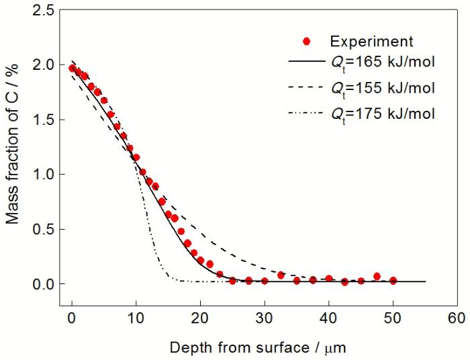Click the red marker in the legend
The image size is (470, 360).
(306, 41)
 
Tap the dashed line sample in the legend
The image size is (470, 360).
(306, 87)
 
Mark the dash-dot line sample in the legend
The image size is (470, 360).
(306, 113)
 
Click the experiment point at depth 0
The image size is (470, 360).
(73, 68)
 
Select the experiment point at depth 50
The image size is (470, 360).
(393, 281)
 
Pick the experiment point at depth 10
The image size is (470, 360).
(136, 157)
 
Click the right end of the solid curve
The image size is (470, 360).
(425, 281)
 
